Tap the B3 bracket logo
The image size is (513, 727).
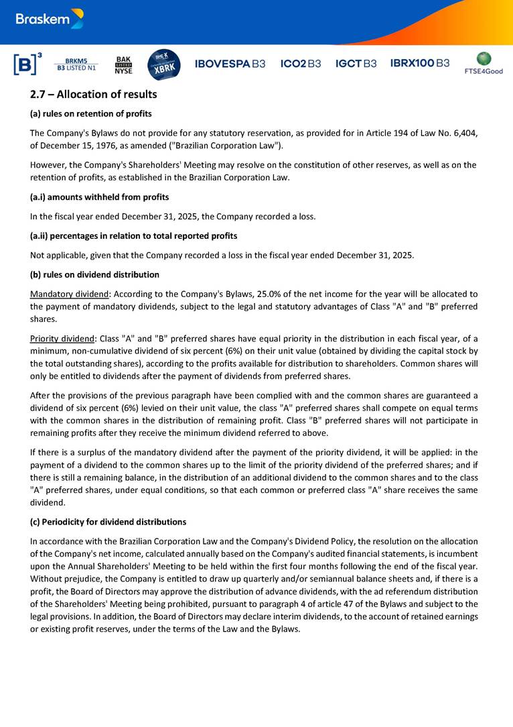click(x=27, y=64)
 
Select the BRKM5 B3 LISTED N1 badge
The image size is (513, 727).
click(x=76, y=64)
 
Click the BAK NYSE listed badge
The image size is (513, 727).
click(x=123, y=64)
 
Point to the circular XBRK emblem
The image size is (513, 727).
click(x=163, y=64)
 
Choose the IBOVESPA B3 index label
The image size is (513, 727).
click(x=230, y=64)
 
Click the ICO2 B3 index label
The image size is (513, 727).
click(x=301, y=64)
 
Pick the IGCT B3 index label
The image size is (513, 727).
click(x=356, y=64)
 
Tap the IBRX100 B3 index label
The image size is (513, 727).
click(x=420, y=64)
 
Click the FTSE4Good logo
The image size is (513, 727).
click(x=484, y=63)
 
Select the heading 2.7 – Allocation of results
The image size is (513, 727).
click(x=94, y=95)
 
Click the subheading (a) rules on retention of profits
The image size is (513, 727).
click(x=91, y=113)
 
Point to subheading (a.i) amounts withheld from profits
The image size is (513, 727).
click(x=100, y=197)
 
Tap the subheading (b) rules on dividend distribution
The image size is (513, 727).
click(x=95, y=274)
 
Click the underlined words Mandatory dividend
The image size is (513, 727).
click(x=68, y=294)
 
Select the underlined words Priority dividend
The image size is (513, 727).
click(x=64, y=339)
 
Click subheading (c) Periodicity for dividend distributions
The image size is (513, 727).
click(x=108, y=522)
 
